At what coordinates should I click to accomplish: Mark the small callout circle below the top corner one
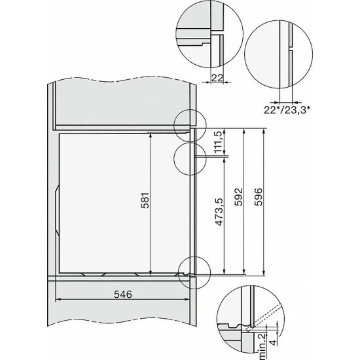pos(192,158)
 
